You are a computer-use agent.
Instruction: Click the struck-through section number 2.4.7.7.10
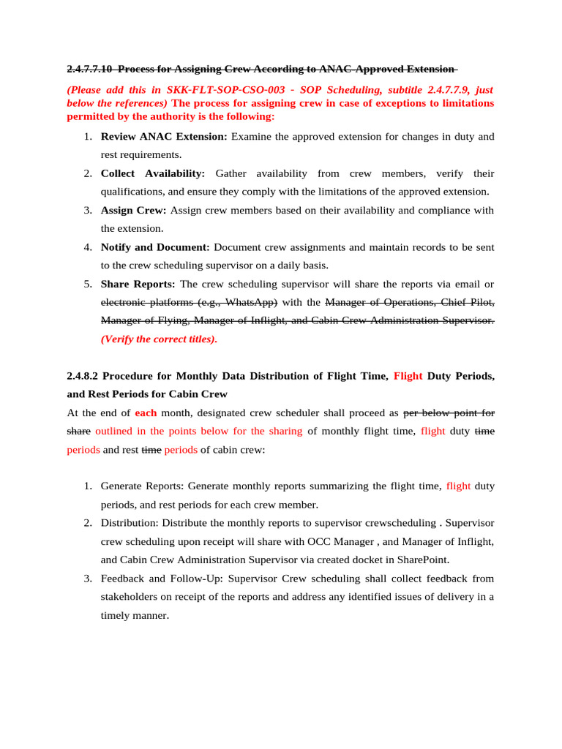point(89,69)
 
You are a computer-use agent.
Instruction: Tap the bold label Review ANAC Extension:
point(164,137)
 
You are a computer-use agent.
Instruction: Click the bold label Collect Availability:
point(153,173)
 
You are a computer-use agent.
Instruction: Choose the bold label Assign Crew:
point(133,211)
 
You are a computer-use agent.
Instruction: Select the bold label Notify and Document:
point(155,247)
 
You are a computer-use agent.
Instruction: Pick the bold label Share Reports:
point(138,284)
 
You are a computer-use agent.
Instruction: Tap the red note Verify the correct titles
point(159,339)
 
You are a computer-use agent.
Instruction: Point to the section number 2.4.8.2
point(82,376)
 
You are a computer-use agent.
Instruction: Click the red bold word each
point(146,413)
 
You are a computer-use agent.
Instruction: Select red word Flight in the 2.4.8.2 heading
point(408,376)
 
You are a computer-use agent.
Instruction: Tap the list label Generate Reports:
point(142,486)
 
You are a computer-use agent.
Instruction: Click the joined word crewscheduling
point(399,524)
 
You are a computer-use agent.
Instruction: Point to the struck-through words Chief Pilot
point(467,302)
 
